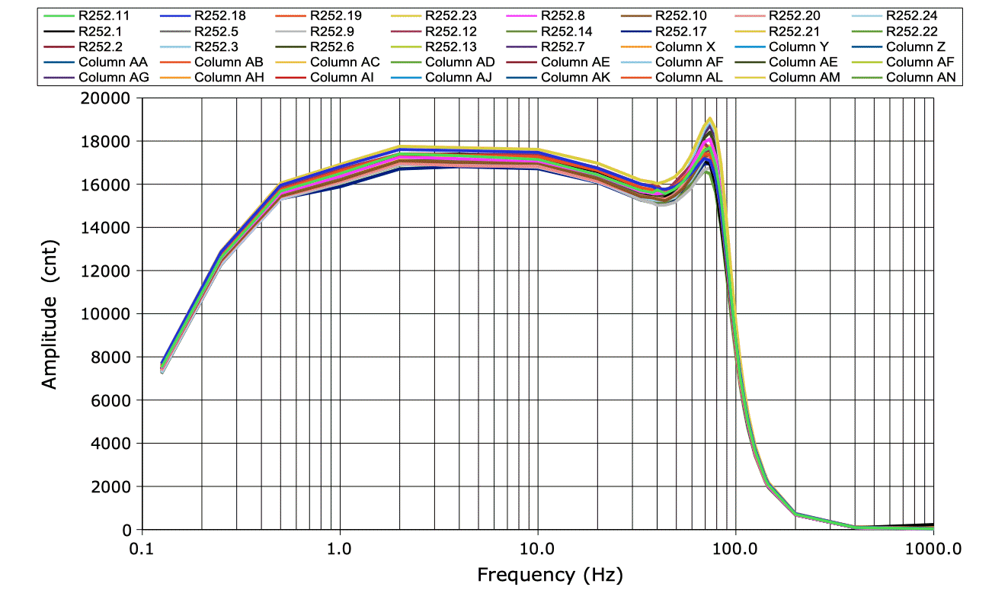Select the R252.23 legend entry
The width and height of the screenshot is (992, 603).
(450, 14)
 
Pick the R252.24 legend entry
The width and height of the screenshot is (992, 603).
(911, 14)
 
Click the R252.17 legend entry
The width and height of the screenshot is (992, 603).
(680, 31)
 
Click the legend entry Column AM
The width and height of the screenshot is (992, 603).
(805, 78)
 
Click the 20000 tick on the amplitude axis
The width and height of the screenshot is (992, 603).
(110, 98)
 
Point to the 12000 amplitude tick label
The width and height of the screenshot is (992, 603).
(110, 271)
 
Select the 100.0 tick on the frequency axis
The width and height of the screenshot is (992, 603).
(735, 547)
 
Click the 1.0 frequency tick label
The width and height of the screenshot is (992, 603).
(339, 547)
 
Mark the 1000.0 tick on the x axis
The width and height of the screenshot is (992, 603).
(933, 547)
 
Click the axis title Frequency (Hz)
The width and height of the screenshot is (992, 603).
(549, 575)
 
